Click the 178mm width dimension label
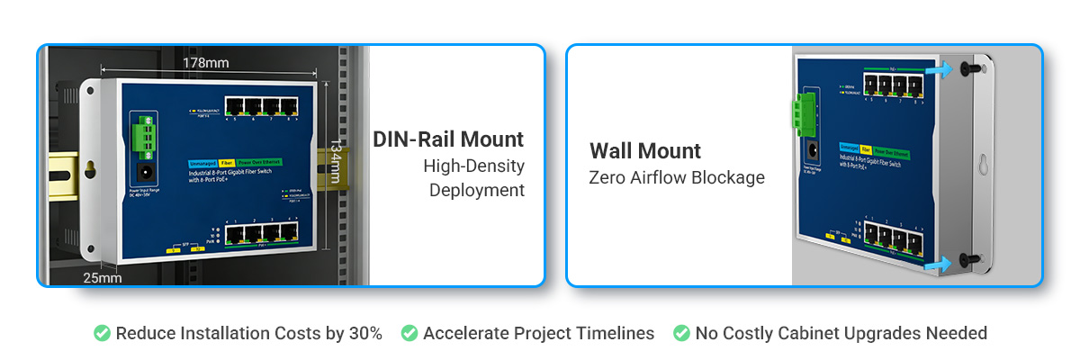205,62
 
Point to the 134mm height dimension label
334,162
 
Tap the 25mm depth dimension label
102,277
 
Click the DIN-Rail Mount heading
448,139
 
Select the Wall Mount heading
645,150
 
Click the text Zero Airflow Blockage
677,177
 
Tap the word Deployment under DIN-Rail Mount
476,190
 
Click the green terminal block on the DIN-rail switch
140,134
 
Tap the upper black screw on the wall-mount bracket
967,67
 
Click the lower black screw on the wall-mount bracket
968,259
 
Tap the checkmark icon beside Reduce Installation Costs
103,333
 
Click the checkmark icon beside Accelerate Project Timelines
409,333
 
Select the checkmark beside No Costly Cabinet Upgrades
682,333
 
